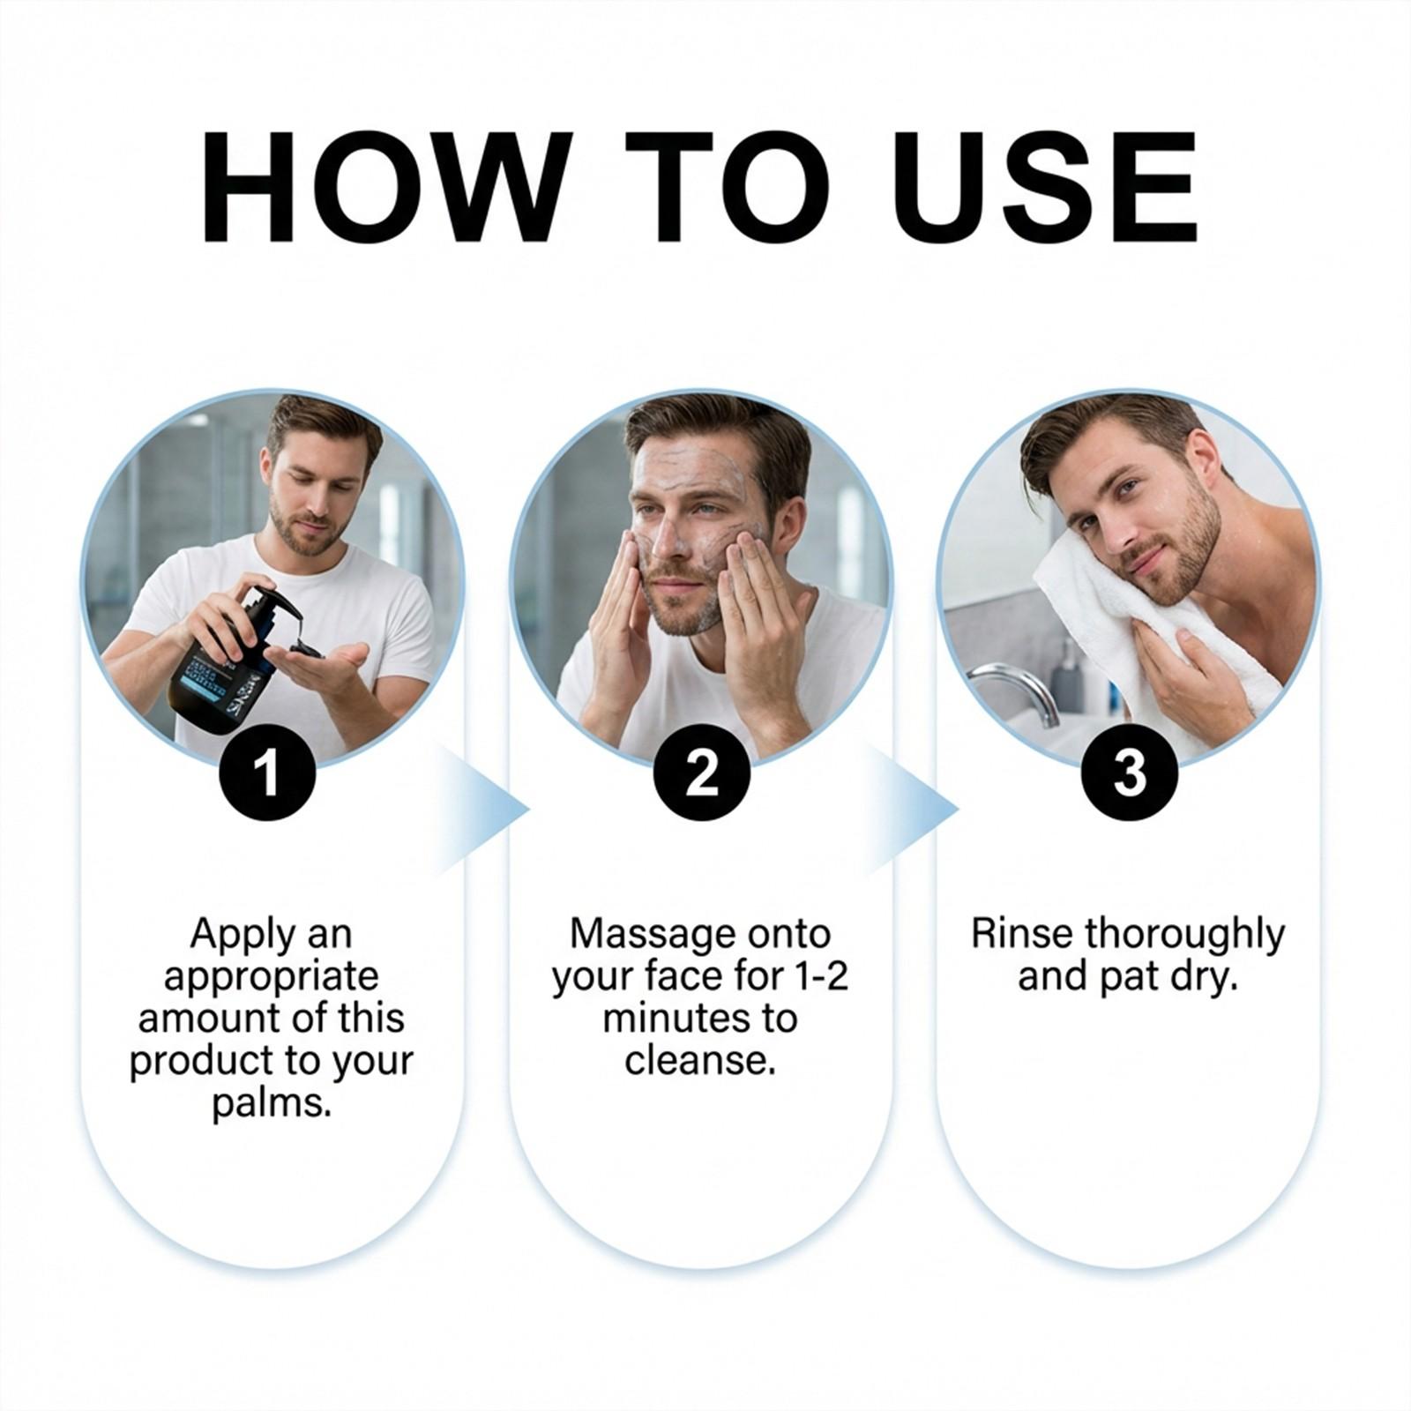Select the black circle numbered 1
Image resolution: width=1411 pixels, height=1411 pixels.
[267, 773]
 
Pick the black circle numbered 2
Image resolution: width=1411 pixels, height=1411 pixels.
[701, 773]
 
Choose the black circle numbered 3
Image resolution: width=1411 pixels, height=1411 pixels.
[1130, 773]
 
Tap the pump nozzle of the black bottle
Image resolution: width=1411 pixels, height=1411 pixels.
[273, 608]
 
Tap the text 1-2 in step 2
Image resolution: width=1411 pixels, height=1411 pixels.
[820, 977]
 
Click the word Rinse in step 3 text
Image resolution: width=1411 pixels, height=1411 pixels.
[1021, 935]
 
